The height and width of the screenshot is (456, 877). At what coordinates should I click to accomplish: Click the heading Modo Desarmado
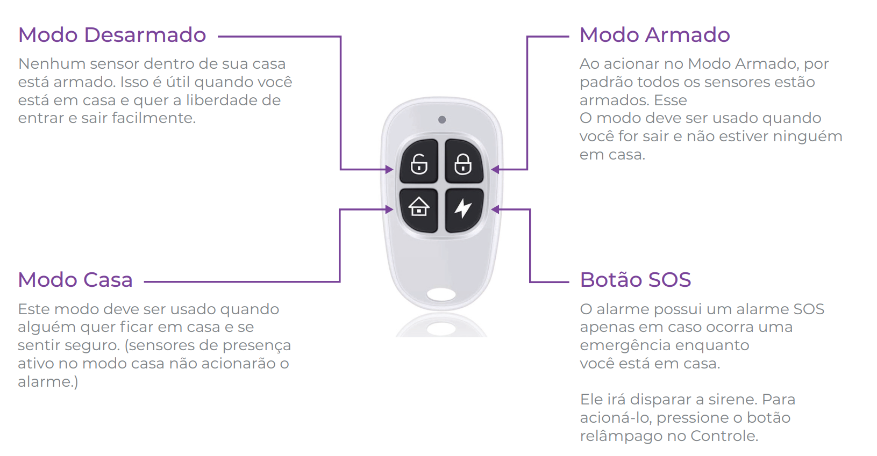(x=112, y=35)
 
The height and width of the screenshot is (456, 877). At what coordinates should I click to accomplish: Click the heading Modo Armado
(x=654, y=35)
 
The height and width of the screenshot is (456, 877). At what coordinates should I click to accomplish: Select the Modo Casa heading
(x=75, y=280)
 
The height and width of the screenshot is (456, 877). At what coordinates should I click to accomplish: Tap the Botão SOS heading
(x=635, y=280)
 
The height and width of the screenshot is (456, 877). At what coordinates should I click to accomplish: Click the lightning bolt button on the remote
(x=463, y=208)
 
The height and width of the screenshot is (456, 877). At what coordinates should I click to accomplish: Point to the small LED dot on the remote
(x=442, y=120)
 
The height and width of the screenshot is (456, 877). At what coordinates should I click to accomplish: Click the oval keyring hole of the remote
(x=441, y=294)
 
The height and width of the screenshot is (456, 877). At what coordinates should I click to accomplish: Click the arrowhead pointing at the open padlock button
(x=389, y=170)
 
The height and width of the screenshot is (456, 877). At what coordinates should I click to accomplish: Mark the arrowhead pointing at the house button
(x=389, y=209)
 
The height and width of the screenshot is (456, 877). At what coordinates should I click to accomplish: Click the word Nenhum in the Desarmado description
(x=52, y=64)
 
